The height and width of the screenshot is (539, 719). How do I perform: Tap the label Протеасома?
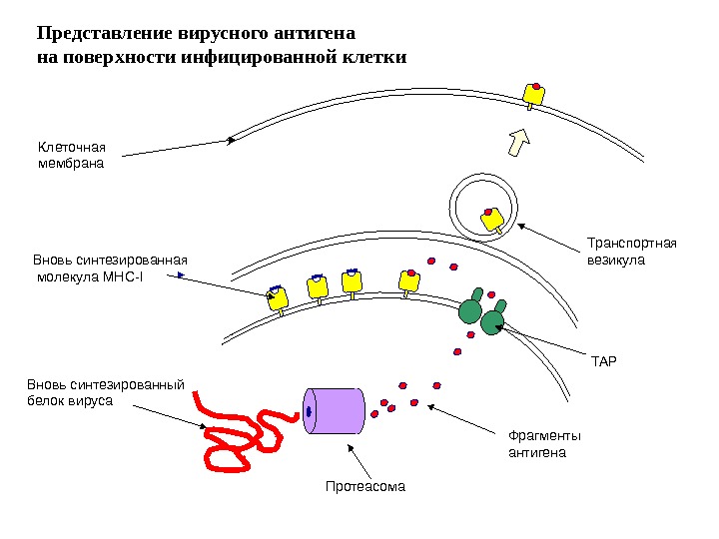click(366, 487)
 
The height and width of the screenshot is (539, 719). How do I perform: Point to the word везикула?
click(616, 260)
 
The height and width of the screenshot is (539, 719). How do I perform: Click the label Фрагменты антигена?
click(544, 443)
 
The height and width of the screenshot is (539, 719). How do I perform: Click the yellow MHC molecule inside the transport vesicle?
click(492, 219)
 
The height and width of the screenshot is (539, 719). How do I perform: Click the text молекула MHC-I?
click(89, 276)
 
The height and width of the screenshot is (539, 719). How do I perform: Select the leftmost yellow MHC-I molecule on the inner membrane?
click(278, 297)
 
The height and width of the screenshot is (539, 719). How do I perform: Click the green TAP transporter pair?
click(481, 312)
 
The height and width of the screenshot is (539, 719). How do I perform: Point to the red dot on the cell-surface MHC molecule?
click(537, 87)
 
